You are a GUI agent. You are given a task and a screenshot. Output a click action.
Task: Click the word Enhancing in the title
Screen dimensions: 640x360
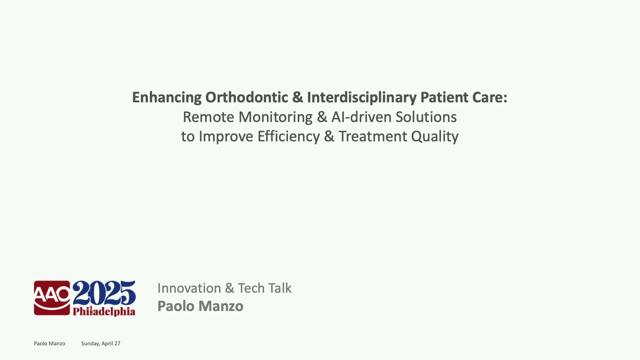[x=167, y=98]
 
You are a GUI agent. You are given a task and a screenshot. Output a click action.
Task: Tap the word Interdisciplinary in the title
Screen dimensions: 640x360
[x=362, y=98]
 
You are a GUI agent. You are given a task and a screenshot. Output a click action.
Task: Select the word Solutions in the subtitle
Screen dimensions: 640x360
[x=426, y=117]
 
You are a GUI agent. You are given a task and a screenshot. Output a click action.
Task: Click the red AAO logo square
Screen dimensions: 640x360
[x=52, y=298]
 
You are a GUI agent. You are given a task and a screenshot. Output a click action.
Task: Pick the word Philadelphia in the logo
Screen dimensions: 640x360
[x=104, y=311]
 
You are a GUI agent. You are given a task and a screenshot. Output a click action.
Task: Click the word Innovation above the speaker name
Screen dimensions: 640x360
[x=189, y=288]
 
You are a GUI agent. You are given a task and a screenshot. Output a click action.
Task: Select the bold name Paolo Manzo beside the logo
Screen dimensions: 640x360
[x=200, y=306]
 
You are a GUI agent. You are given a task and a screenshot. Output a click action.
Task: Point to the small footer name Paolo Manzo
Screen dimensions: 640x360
[x=49, y=343]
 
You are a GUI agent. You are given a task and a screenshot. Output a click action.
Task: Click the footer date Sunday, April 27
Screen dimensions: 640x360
[x=101, y=344]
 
